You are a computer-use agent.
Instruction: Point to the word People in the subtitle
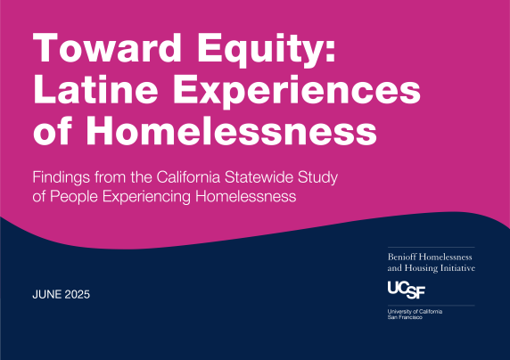click(75, 197)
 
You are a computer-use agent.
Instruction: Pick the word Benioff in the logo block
click(405, 256)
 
